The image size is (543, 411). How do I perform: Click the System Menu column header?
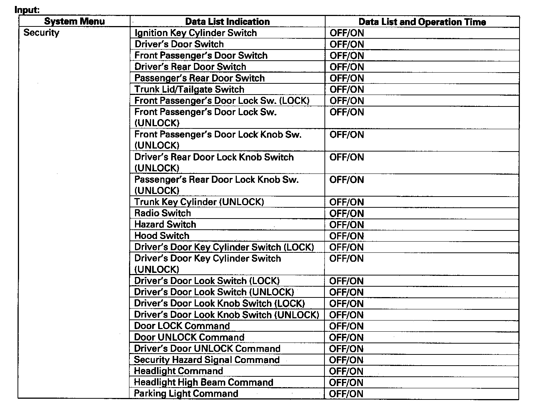point(74,22)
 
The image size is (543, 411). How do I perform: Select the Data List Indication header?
point(227,22)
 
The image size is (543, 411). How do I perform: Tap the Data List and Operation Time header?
point(422,22)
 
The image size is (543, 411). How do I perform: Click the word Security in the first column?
point(41,33)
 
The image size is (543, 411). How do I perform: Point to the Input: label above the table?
point(27,10)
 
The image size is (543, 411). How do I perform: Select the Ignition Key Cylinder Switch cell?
point(195,33)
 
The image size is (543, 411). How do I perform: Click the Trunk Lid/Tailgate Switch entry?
point(189,89)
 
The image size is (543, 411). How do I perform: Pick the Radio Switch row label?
point(162,213)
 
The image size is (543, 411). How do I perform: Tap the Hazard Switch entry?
point(165,224)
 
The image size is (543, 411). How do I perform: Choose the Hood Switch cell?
point(161,236)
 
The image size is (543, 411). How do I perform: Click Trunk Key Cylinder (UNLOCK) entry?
point(199,202)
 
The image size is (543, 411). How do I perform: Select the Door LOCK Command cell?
point(182,326)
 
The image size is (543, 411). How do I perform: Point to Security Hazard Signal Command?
point(207,360)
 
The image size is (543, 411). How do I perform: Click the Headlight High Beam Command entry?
point(203,382)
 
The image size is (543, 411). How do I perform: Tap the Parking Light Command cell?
point(186,394)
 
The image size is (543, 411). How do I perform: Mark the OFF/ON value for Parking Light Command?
point(346,394)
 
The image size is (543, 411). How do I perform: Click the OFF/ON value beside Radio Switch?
point(346,213)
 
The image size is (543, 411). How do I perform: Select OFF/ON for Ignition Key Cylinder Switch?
point(346,33)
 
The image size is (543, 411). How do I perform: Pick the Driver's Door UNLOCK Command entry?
point(207,348)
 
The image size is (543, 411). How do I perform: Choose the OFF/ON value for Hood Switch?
point(346,236)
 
